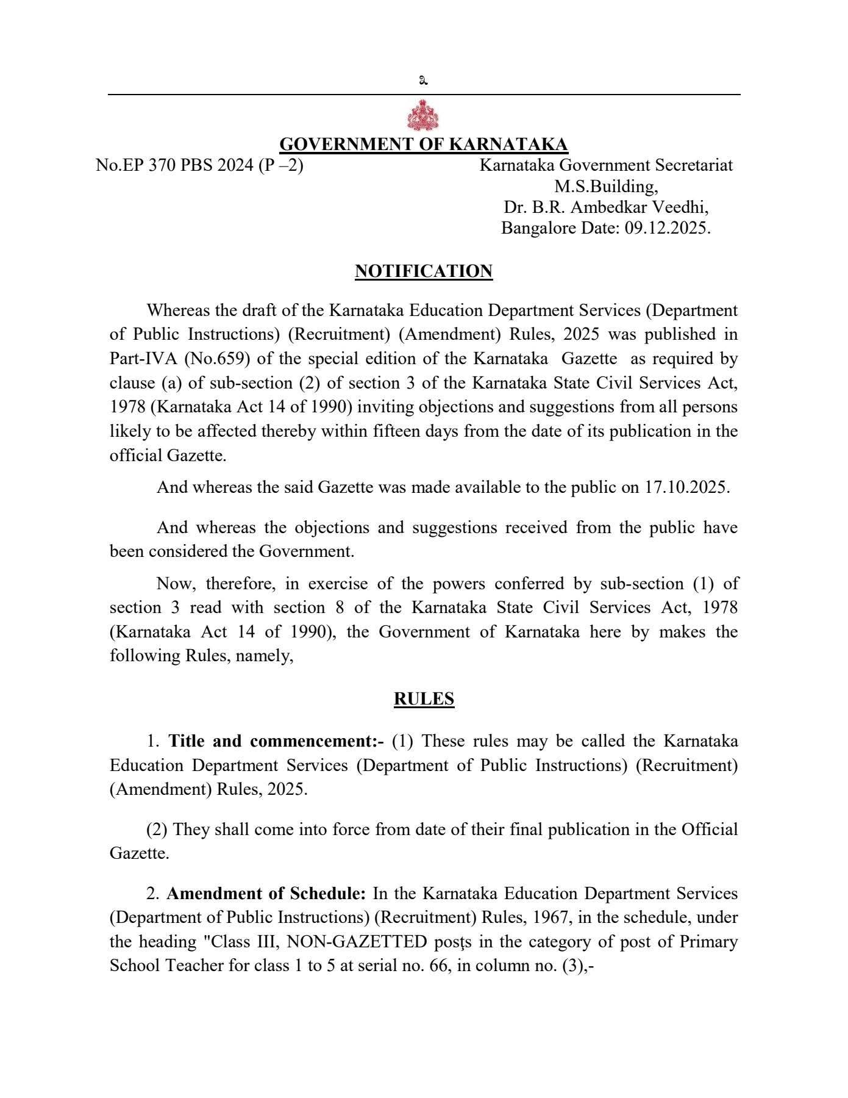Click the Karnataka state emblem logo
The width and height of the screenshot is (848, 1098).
click(x=423, y=117)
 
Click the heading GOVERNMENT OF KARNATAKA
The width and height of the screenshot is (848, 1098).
click(x=423, y=145)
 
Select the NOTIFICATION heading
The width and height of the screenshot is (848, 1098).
click(x=423, y=271)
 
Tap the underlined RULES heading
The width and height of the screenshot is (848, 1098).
click(x=424, y=698)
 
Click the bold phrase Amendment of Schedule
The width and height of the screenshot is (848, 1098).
click(x=266, y=894)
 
